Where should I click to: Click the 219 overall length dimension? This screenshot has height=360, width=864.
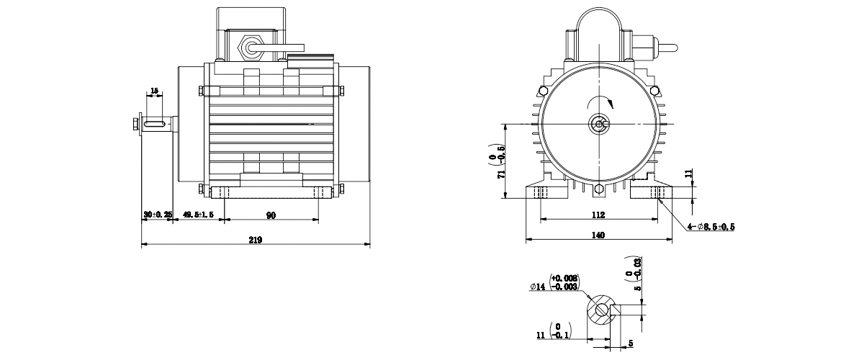256,240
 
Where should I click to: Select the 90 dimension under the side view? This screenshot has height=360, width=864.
271,215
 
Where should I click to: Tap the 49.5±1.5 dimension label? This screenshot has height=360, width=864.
198,215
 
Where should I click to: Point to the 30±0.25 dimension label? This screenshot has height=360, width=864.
158,215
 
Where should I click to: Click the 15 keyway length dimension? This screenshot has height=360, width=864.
154,91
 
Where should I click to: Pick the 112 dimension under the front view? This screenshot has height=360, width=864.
598,215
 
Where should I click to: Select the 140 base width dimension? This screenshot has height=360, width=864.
598,235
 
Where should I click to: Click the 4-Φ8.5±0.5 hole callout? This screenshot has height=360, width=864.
711,227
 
